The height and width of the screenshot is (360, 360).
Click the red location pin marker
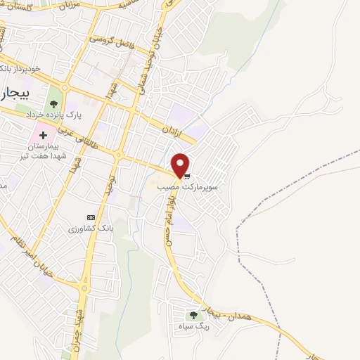pos(181,164)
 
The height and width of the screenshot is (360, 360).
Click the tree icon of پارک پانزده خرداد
pos(54,107)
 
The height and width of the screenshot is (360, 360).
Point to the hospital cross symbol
pos(44,134)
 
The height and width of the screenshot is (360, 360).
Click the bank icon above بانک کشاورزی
pos(90,217)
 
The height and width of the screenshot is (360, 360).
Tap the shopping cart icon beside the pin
pos(187,176)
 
